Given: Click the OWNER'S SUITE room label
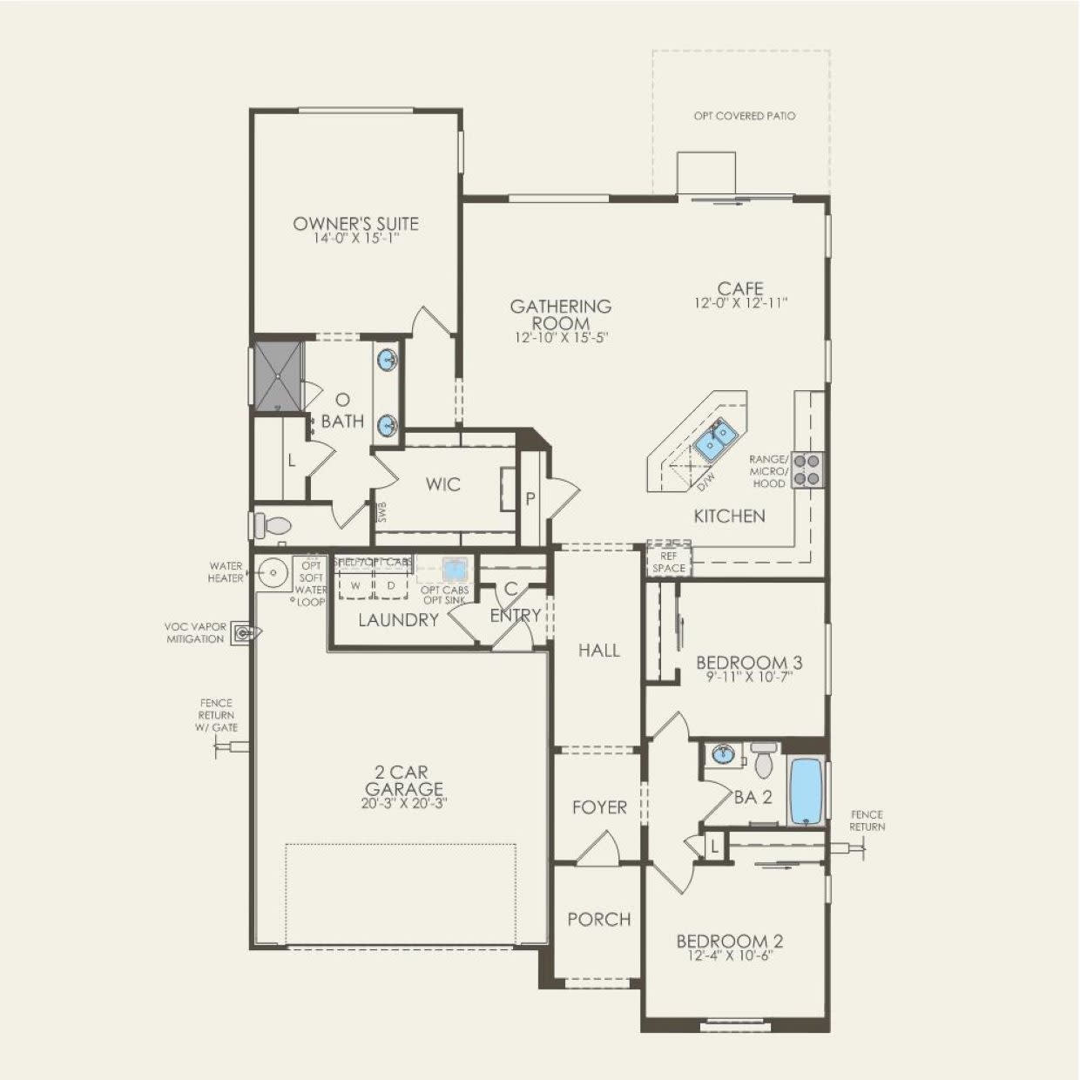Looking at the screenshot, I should click(x=355, y=224).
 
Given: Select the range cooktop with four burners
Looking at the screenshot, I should click(x=807, y=469).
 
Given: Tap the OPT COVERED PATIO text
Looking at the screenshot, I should click(x=744, y=116).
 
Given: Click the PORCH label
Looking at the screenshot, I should click(x=599, y=920).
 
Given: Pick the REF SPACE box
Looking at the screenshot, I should click(x=669, y=562).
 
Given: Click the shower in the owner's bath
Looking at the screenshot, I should click(x=277, y=375).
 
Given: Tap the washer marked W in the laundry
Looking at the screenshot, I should click(x=355, y=585).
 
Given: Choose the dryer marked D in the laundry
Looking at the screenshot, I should click(x=391, y=585).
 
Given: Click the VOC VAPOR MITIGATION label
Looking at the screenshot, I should click(x=194, y=632).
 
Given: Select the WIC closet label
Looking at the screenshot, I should click(x=442, y=484).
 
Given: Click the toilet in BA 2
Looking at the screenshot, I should click(x=765, y=760).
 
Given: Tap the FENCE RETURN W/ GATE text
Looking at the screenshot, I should click(x=218, y=715).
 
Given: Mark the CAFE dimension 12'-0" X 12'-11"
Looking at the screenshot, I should click(x=740, y=304).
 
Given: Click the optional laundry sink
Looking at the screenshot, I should click(x=452, y=570).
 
